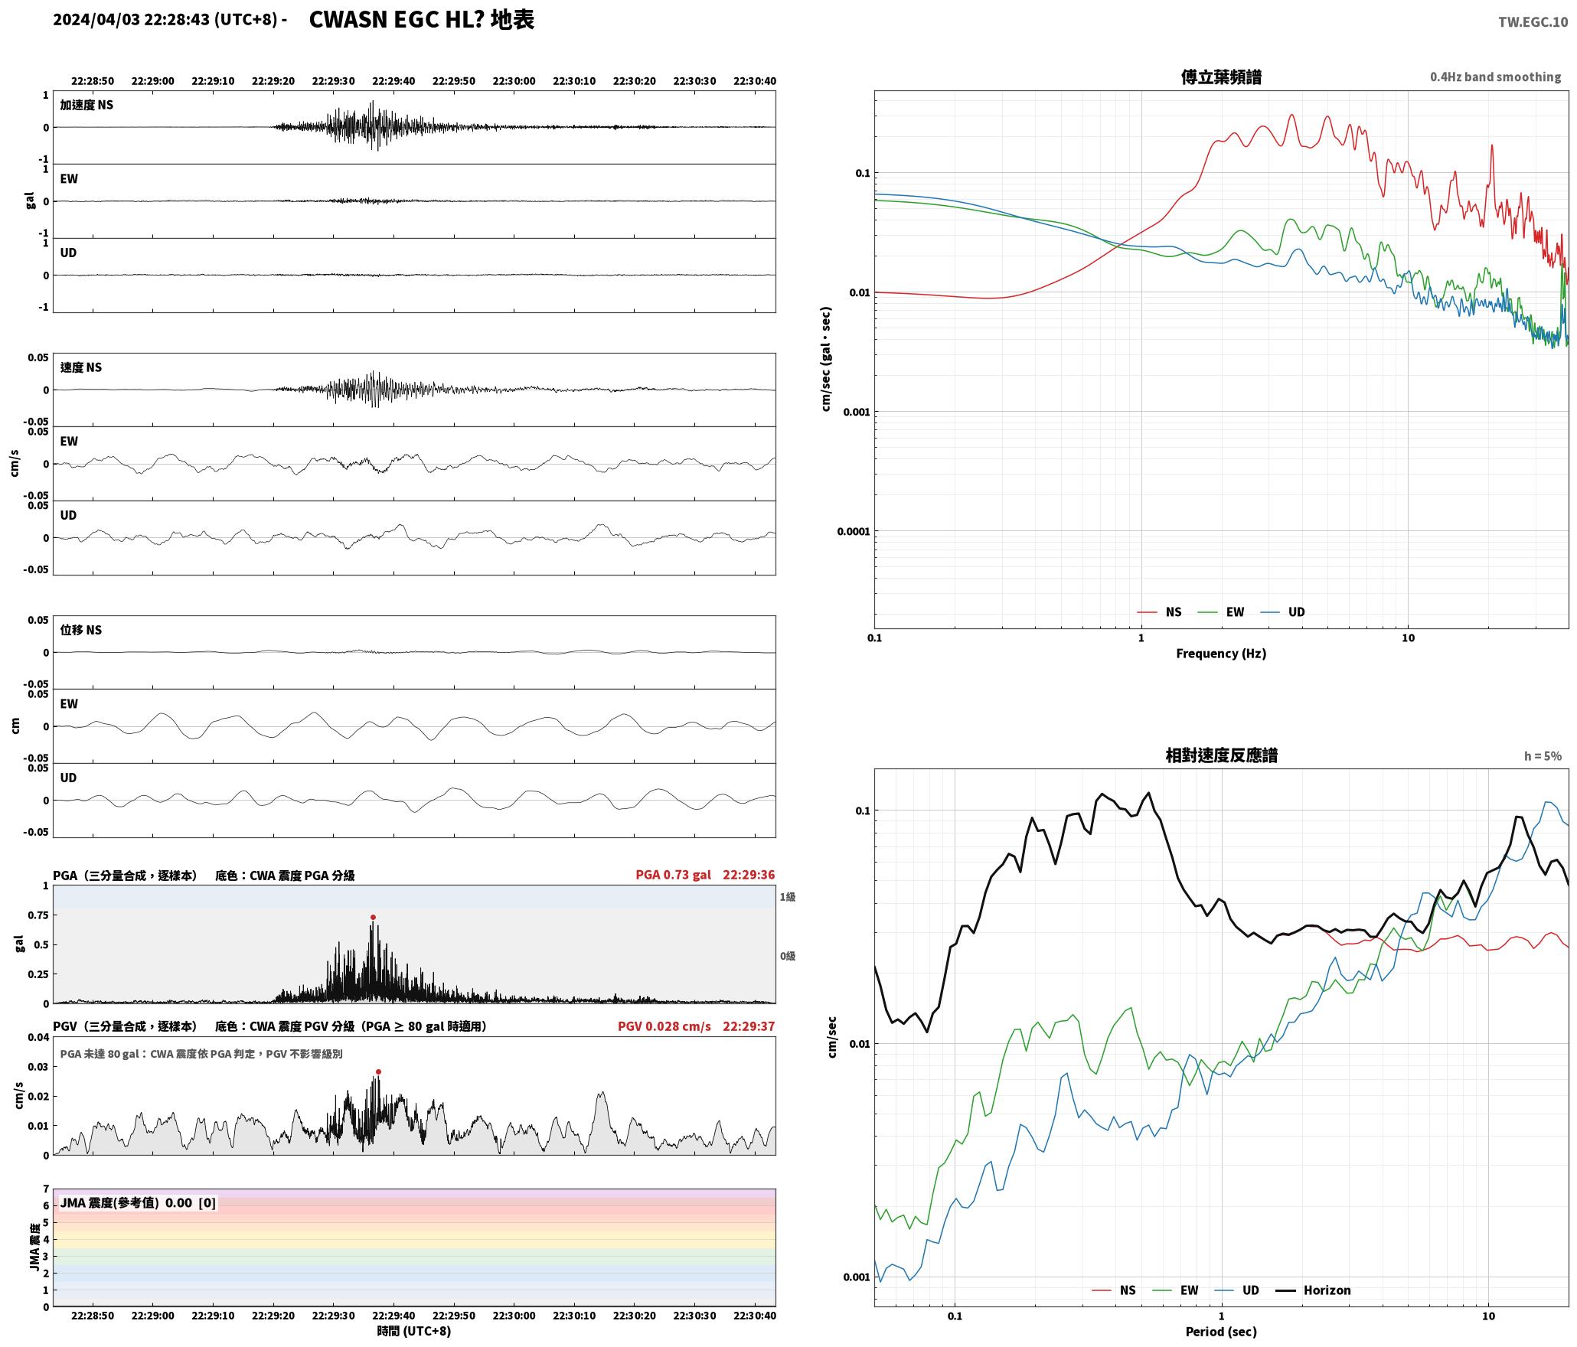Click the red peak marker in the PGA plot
373,917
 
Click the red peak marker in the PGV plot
378,1071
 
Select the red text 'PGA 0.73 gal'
673,875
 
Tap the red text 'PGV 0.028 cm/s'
664,1026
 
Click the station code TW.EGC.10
1533,22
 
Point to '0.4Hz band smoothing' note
1495,77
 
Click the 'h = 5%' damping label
1542,756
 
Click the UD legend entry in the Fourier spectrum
1282,612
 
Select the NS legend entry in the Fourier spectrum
1159,612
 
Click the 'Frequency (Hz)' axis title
1221,653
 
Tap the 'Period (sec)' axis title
1221,1332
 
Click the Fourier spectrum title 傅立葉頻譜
1221,77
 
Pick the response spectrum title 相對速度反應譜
1221,755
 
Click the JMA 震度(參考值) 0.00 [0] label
138,1202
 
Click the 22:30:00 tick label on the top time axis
514,80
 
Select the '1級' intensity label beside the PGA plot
788,897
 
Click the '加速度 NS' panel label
87,105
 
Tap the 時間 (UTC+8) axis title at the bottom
413,1331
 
